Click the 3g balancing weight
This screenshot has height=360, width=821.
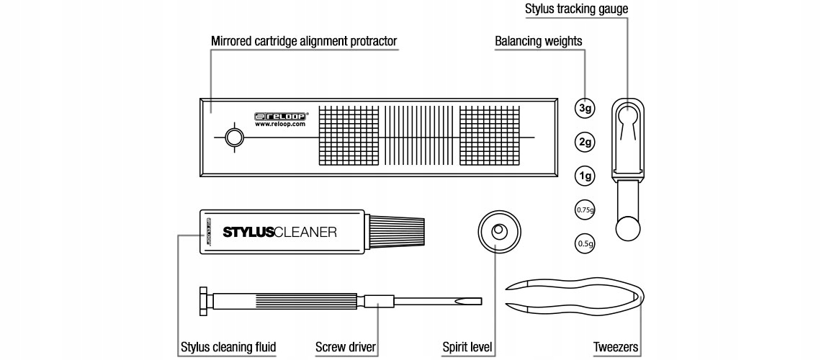point(585,109)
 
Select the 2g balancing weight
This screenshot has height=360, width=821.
point(585,143)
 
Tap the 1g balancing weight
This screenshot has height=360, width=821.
point(585,176)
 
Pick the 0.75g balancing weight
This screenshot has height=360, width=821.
point(585,210)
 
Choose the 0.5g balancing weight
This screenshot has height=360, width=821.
point(585,243)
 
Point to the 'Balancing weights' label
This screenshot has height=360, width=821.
point(538,41)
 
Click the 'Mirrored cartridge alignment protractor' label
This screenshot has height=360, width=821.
point(304,41)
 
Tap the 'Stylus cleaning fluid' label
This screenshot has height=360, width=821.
point(228,348)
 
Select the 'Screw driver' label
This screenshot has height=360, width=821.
point(346,348)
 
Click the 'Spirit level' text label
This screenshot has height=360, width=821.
point(467,348)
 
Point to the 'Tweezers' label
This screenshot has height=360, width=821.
point(616,348)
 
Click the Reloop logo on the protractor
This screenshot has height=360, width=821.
point(281,114)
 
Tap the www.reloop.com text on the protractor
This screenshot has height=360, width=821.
point(281,124)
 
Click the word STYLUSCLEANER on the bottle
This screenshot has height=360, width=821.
point(279,233)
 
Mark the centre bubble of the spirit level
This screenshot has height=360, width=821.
point(498,231)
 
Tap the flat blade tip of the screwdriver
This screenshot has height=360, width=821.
point(469,301)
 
